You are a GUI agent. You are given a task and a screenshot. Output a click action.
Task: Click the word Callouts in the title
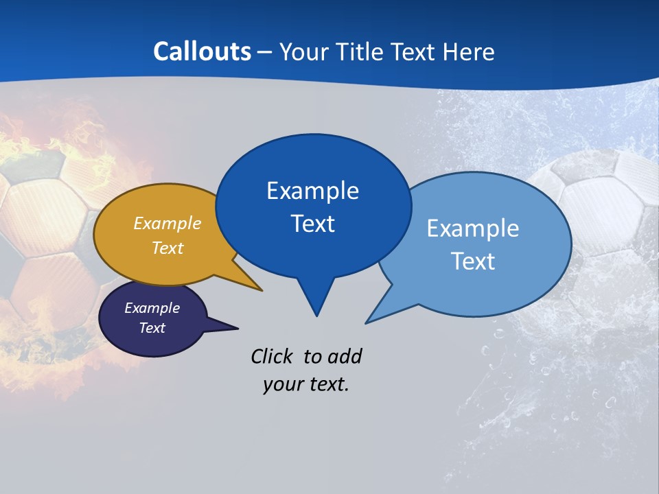click(x=202, y=52)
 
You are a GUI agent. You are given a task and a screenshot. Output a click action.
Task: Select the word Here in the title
click(x=469, y=52)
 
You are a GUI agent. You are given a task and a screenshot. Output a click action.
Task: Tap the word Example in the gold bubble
click(x=167, y=223)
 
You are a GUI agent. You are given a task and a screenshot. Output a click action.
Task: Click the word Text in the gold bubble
click(x=167, y=248)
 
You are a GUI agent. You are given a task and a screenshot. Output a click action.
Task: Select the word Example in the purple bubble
click(x=152, y=308)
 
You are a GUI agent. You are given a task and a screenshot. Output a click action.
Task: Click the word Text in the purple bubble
click(x=152, y=328)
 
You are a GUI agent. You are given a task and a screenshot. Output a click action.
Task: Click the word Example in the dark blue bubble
click(x=312, y=191)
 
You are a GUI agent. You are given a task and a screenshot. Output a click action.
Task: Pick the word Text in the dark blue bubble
click(x=312, y=224)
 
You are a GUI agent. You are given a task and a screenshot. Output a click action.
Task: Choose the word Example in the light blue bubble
click(x=473, y=228)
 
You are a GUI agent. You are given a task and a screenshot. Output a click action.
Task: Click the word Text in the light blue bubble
click(x=473, y=261)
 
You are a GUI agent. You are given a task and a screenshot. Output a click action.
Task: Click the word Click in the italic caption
click(x=274, y=356)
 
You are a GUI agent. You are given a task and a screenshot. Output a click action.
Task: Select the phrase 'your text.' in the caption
click(x=306, y=384)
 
